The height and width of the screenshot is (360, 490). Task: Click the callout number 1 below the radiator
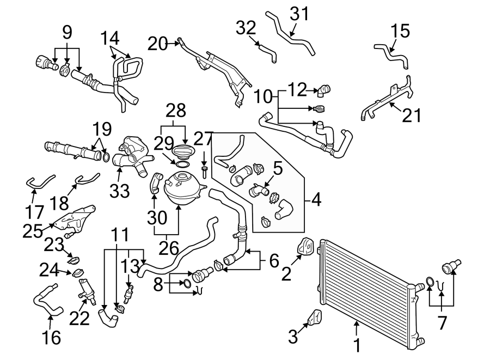click(357, 345)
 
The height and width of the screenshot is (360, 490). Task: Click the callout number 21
click(412, 115)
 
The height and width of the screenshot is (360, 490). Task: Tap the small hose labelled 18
click(86, 178)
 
